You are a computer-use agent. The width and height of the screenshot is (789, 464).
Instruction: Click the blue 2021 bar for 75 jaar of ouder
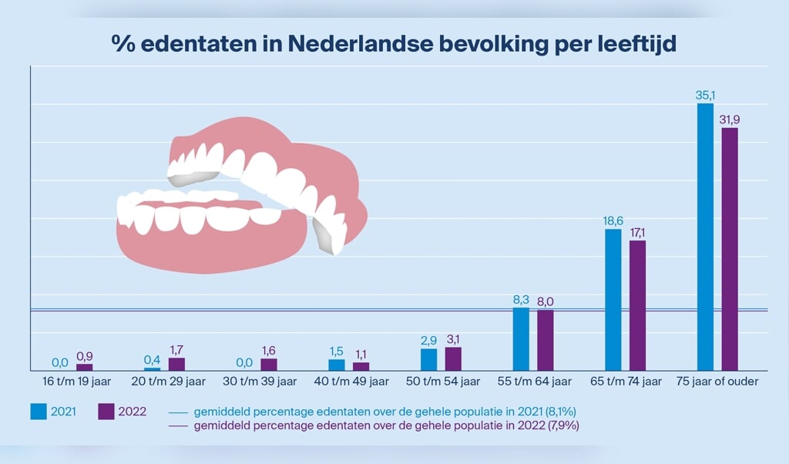pyautogui.click(x=705, y=237)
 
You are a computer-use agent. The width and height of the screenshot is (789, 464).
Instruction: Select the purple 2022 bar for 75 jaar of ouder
pyautogui.click(x=729, y=249)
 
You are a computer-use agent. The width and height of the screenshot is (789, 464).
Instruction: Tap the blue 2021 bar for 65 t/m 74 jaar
pyautogui.click(x=613, y=300)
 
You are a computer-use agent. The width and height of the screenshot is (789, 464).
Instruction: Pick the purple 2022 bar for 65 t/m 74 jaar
pyautogui.click(x=637, y=305)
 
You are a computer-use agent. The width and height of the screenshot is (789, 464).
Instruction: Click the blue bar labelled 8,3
pyautogui.click(x=521, y=339)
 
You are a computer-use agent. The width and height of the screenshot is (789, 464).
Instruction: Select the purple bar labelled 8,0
pyautogui.click(x=545, y=340)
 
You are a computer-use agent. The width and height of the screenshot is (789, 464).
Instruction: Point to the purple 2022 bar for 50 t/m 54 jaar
pyautogui.click(x=453, y=359)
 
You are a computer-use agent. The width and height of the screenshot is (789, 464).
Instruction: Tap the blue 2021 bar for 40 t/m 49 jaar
pyautogui.click(x=337, y=365)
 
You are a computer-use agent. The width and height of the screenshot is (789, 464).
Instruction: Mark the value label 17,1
pyautogui.click(x=639, y=233)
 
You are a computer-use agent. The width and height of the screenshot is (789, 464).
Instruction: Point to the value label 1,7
pyautogui.click(x=176, y=350)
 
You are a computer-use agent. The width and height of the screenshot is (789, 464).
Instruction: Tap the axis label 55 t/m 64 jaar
pyautogui.click(x=535, y=381)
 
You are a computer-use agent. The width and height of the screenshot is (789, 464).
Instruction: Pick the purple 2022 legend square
pyautogui.click(x=107, y=412)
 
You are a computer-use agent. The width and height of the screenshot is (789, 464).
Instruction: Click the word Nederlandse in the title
pyautogui.click(x=361, y=44)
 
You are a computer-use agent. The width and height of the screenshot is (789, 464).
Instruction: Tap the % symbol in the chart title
pyautogui.click(x=123, y=44)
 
